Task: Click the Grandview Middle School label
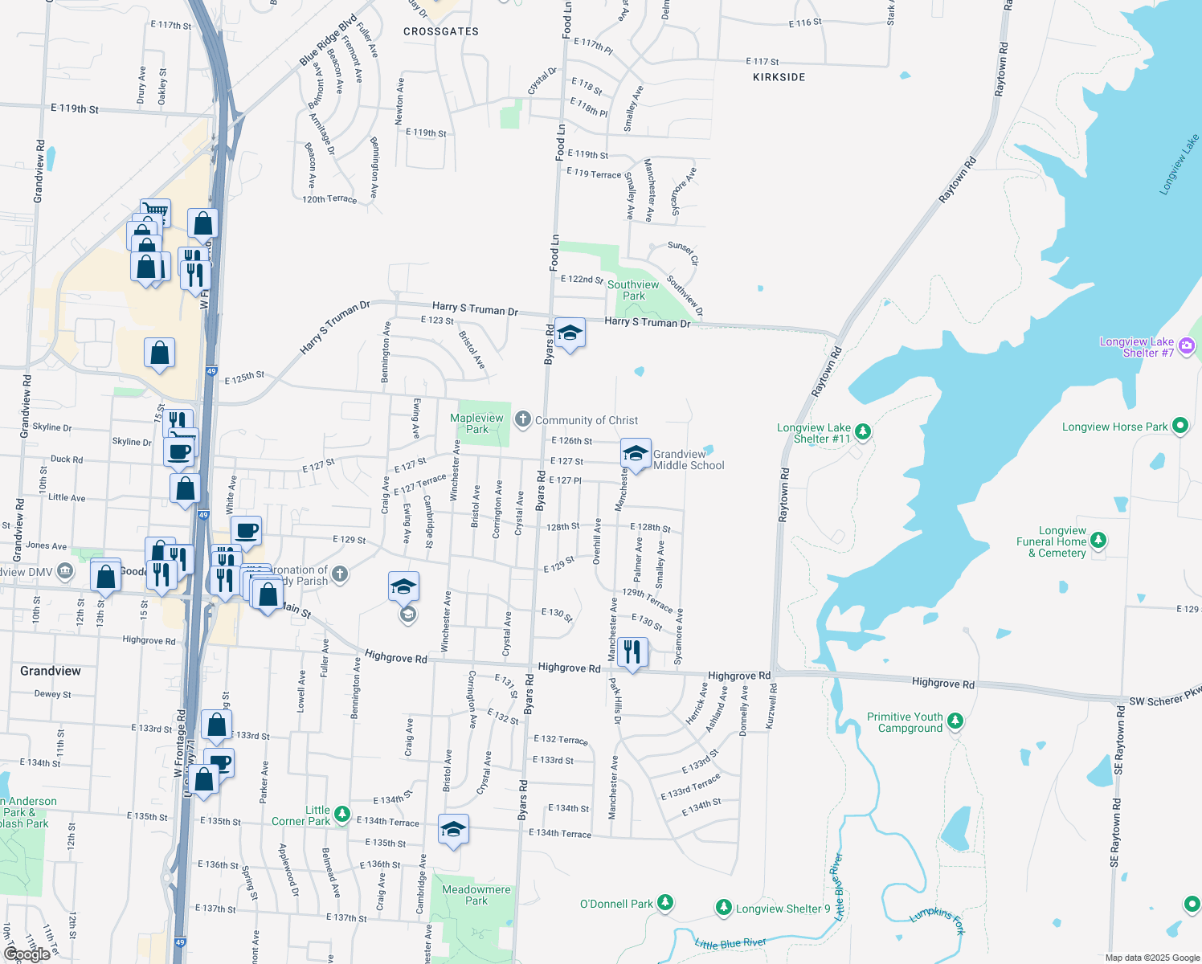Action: [689, 460]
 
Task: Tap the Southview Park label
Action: [633, 290]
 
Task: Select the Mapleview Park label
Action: [476, 423]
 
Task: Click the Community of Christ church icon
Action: [523, 419]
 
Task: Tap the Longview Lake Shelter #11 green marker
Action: [863, 431]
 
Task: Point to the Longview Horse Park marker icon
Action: [1180, 426]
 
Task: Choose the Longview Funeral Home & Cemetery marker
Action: [1098, 541]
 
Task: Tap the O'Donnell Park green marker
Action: [665, 903]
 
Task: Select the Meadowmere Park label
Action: [476, 895]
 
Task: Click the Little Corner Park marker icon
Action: [342, 815]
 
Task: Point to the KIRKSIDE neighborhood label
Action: [779, 77]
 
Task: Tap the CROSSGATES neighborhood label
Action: [441, 31]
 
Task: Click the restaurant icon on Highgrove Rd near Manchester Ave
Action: [633, 652]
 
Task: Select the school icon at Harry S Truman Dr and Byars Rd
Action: [570, 333]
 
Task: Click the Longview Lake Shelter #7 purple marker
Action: [1187, 346]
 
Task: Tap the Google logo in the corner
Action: [27, 954]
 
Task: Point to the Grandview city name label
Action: [51, 671]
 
